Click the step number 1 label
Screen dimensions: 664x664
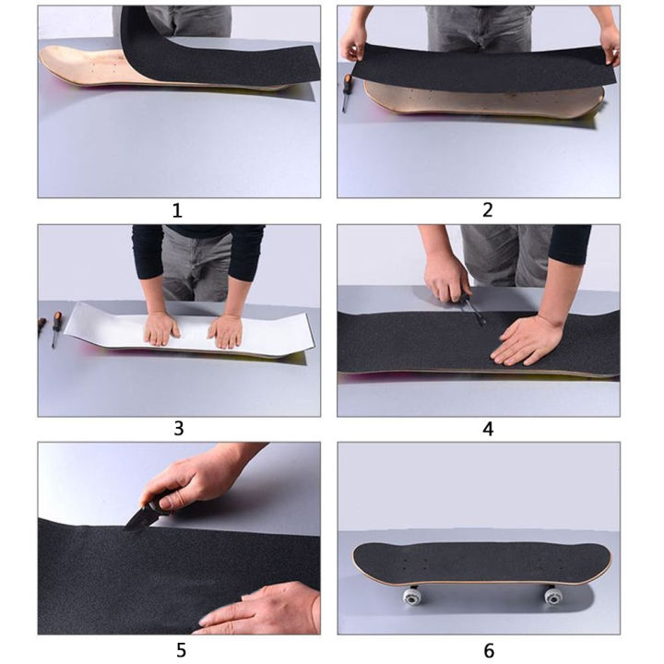[177, 210]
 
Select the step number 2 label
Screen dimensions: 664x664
[488, 210]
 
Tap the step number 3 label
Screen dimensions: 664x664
[178, 428]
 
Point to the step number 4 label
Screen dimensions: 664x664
[488, 429]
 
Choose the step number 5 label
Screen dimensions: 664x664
[178, 649]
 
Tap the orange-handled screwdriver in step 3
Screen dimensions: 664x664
[56, 327]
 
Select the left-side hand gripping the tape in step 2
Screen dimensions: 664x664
[352, 41]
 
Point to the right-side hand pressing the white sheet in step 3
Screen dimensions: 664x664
[225, 329]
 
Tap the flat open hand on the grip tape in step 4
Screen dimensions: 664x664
[527, 338]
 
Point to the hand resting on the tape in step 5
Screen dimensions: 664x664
[263, 609]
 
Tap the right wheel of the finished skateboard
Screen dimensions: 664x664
[553, 596]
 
